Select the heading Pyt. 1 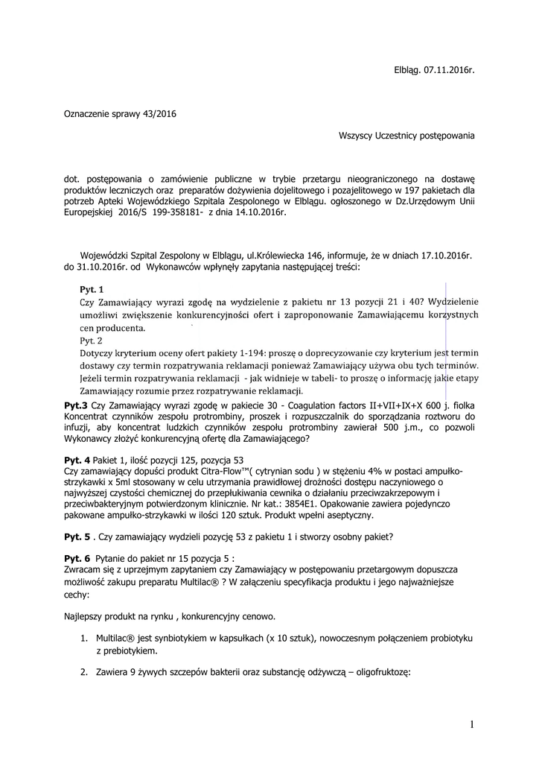coord(92,288)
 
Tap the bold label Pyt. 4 coord(77,459)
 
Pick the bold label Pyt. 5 coord(77,536)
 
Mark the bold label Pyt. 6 coord(77,558)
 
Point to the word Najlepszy coord(86,616)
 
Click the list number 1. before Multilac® coord(84,639)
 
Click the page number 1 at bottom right coord(472,724)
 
